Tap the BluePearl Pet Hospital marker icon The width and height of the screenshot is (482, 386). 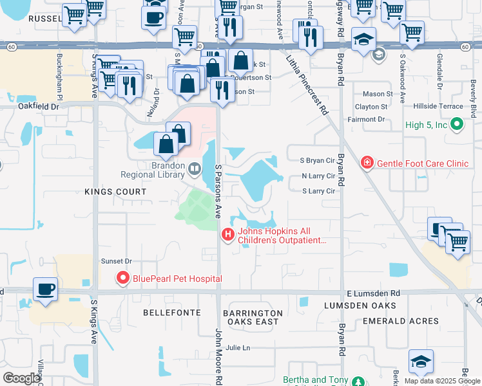[x=121, y=278]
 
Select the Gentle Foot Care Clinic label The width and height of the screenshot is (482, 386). [x=421, y=163]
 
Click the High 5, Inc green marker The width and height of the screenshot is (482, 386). [x=457, y=124]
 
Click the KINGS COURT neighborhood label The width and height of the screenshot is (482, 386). [x=115, y=192]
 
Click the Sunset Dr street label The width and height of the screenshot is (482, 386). [x=116, y=261]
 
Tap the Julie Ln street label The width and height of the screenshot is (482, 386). [x=237, y=348]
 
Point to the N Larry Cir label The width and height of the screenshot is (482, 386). [x=318, y=176]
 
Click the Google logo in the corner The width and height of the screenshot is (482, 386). [x=21, y=378]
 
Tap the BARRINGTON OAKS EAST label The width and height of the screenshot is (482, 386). [x=253, y=318]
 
